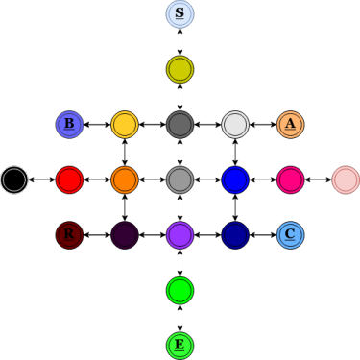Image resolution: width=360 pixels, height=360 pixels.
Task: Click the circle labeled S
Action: [x=180, y=14]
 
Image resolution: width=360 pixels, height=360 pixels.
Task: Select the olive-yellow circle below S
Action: [x=180, y=69]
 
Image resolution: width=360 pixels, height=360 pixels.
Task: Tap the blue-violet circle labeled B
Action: [x=69, y=125]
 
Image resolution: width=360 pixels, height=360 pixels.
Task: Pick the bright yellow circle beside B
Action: [x=125, y=125]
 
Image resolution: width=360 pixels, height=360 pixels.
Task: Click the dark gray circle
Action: [x=180, y=125]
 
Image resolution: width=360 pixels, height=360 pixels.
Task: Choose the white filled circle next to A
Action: [x=235, y=125]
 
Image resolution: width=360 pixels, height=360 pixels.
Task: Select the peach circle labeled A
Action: [x=291, y=125]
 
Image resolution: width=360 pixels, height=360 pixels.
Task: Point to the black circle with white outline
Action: [x=14, y=180]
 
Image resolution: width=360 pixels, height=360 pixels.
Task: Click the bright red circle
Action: [x=69, y=180]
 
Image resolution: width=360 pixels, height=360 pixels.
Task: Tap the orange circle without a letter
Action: [x=125, y=180]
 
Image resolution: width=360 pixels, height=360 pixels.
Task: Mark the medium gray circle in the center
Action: [x=180, y=180]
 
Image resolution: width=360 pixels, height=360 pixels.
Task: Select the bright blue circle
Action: [x=235, y=180]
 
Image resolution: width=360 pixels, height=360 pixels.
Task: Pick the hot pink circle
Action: [x=291, y=180]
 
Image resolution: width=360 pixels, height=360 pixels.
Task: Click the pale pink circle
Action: [x=346, y=180]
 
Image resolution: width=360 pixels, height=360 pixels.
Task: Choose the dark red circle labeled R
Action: [x=69, y=235]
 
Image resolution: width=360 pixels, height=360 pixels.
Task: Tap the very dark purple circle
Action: [x=125, y=235]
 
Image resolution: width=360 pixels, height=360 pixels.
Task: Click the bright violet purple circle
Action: [x=180, y=235]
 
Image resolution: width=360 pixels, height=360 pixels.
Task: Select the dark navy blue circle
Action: [x=235, y=235]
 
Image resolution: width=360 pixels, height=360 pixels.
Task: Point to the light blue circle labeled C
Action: [x=291, y=235]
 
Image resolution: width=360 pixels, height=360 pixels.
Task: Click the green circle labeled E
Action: [x=180, y=346]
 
